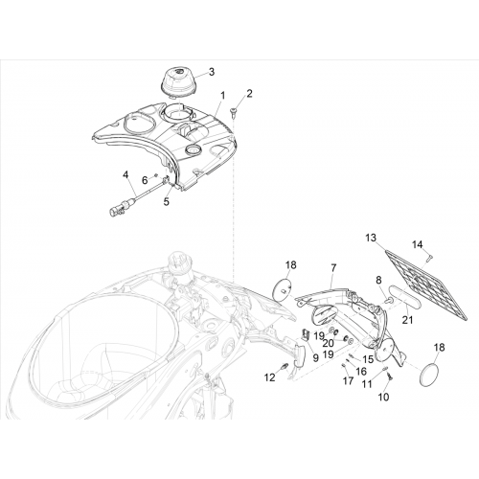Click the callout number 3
(212, 72)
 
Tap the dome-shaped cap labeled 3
(178, 81)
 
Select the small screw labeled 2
(233, 111)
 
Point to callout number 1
(222, 96)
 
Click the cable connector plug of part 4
(116, 211)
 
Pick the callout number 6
(145, 180)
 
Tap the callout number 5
(167, 202)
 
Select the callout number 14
(418, 244)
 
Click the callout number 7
(333, 268)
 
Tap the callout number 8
(378, 281)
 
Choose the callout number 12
(270, 377)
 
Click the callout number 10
(384, 397)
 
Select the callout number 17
(349, 380)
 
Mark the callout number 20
(328, 343)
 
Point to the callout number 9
(315, 358)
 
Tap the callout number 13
(371, 238)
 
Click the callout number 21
(407, 320)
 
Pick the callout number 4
(125, 174)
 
